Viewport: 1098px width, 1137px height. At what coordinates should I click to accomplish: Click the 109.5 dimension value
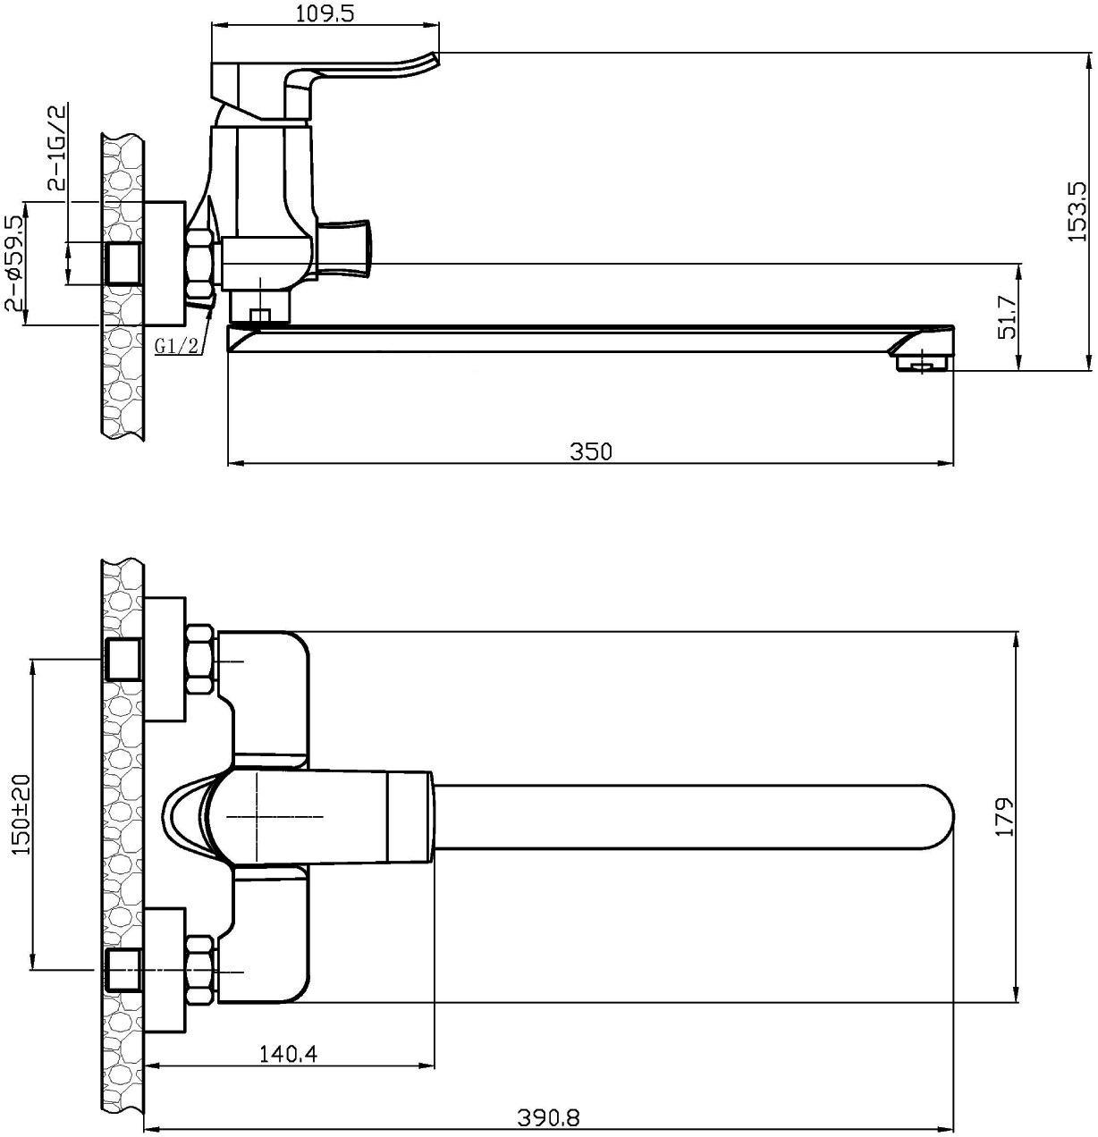pyautogui.click(x=325, y=13)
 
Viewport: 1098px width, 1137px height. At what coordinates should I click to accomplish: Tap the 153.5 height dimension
pyautogui.click(x=1077, y=211)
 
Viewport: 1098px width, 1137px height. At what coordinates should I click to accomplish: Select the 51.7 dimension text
pyautogui.click(x=1008, y=316)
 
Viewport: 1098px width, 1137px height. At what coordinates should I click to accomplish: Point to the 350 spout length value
pyautogui.click(x=591, y=451)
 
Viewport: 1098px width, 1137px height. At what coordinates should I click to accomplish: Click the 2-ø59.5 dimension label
pyautogui.click(x=14, y=263)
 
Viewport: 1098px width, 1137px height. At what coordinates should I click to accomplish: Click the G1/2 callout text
pyautogui.click(x=176, y=347)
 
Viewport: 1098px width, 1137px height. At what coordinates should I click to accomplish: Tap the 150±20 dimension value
pyautogui.click(x=21, y=823)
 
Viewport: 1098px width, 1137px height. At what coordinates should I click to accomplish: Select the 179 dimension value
pyautogui.click(x=1004, y=817)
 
